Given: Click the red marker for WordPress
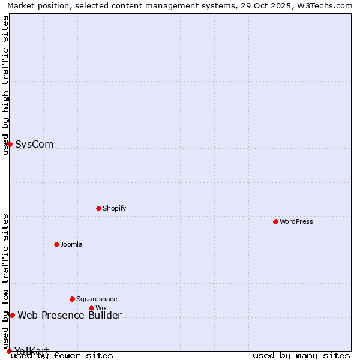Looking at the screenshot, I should point(275,221).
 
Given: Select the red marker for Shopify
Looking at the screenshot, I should point(98,208).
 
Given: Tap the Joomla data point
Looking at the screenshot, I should point(56,244).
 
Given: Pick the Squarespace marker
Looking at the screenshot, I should point(72,299).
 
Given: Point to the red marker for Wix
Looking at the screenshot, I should point(91,308).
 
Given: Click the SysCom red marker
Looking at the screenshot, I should point(10,144).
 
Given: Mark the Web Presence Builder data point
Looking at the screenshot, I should point(12,315).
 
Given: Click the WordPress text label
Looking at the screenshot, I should point(296,221).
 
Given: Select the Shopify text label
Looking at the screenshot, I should point(114,208).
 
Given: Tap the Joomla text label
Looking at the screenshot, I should point(71,244).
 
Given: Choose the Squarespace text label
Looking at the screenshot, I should point(97,299).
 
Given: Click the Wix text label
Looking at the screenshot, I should point(101,308).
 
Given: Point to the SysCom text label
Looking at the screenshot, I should point(34,144).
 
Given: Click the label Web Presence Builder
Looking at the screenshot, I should point(70,315).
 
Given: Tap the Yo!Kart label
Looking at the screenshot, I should point(32,351).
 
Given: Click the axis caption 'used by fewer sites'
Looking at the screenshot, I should point(62,355).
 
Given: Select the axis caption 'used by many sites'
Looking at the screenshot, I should point(301,355).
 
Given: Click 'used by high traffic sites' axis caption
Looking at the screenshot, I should point(5,85).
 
